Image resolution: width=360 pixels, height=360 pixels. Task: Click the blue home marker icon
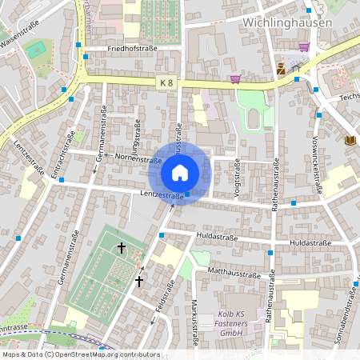click(x=180, y=173)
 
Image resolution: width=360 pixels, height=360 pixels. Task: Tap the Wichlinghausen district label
click(x=285, y=23)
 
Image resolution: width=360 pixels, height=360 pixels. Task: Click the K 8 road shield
click(x=166, y=82)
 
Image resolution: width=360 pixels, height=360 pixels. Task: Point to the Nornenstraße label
click(x=122, y=157)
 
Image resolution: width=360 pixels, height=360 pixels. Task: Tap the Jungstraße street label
click(x=138, y=136)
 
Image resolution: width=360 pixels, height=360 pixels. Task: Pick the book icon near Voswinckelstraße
click(x=350, y=141)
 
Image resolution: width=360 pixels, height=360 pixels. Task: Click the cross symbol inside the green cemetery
click(x=122, y=248)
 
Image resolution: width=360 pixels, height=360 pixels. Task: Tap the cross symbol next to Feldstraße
click(x=139, y=281)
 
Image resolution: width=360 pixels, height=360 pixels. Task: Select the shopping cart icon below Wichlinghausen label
click(x=303, y=47)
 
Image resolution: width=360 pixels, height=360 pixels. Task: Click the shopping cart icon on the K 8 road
click(x=234, y=78)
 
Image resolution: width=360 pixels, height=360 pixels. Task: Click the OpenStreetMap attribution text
click(x=81, y=354)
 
